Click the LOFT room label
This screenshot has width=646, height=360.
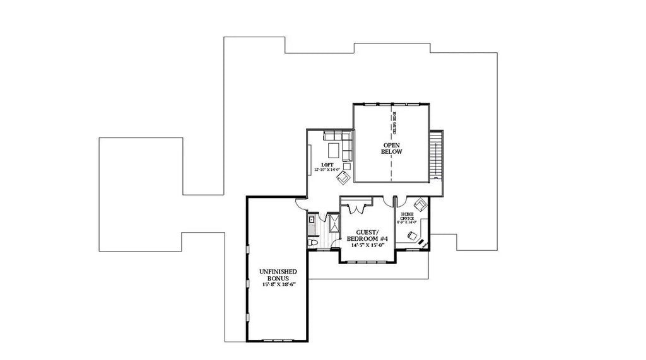click(x=328, y=165)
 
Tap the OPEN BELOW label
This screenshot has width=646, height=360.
click(x=392, y=148)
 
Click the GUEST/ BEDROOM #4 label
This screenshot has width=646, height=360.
click(x=367, y=235)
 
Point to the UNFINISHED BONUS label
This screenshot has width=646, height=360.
click(x=278, y=275)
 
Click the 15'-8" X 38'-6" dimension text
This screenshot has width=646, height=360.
click(x=279, y=285)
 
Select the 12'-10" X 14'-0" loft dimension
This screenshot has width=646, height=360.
click(x=327, y=170)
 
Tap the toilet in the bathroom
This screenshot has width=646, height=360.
click(x=312, y=243)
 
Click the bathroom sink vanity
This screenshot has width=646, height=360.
click(x=311, y=221)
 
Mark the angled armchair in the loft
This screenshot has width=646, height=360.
click(x=343, y=178)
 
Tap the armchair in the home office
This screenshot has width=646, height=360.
click(x=419, y=205)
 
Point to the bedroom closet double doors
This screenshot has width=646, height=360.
click(x=356, y=208)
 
